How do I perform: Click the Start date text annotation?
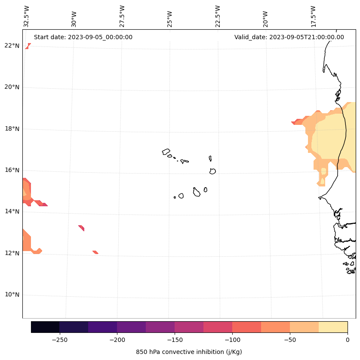click(83, 37)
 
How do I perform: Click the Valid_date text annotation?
click(289, 37)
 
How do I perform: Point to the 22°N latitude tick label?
click(12, 46)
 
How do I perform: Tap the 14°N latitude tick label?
click(12, 211)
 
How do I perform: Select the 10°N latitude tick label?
click(12, 295)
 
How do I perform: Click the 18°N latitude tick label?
click(12, 129)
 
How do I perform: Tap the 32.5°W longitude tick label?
click(27, 16)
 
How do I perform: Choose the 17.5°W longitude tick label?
click(314, 16)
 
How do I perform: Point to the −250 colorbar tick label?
click(59, 340)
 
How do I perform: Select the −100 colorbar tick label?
click(232, 340)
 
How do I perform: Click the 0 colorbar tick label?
click(347, 340)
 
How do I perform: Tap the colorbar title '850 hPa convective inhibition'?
click(189, 352)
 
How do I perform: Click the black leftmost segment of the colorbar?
click(45, 327)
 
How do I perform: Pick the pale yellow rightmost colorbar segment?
click(333, 327)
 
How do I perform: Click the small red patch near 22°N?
click(28, 46)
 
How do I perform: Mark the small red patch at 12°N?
click(95, 252)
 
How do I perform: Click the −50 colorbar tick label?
click(290, 340)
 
